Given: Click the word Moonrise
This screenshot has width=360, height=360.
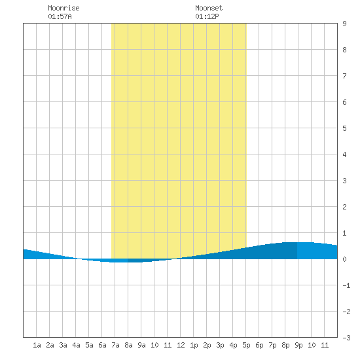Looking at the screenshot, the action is pos(63,8).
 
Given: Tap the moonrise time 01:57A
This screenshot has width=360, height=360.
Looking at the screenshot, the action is pos(60,16).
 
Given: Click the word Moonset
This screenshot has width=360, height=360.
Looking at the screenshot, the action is pos(209,8).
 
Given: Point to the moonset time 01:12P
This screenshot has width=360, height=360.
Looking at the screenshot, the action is pos(207,16).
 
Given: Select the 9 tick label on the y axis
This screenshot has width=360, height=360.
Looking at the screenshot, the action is pos(344,24).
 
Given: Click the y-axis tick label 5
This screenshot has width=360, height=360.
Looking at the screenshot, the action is pos(344,128).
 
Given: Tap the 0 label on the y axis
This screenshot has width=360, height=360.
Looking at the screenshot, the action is pos(344,259).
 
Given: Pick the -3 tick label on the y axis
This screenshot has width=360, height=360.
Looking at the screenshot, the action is pos(346,338).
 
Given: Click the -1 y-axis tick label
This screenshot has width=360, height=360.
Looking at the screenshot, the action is pos(346,285).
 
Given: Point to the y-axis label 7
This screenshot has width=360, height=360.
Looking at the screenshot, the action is pos(344,76).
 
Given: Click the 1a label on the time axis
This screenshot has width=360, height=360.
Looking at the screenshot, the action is pos(37,345).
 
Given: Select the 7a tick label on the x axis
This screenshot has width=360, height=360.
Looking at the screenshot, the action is pos(115,345).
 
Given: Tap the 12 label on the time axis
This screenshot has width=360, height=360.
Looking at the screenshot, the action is pos(181,345).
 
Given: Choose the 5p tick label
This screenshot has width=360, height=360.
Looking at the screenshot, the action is pos(246,345).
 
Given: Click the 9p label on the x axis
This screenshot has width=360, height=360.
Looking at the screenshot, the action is pos(298,345).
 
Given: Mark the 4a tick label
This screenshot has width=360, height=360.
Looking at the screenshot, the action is pos(76,345).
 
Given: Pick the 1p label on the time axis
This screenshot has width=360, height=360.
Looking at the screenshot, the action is pos(194,345).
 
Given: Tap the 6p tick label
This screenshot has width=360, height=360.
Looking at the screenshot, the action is pos(259,345).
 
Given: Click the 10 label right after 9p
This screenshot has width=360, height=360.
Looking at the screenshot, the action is pos(312,345).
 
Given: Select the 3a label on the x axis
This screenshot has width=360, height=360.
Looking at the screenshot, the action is pos(63,345).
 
